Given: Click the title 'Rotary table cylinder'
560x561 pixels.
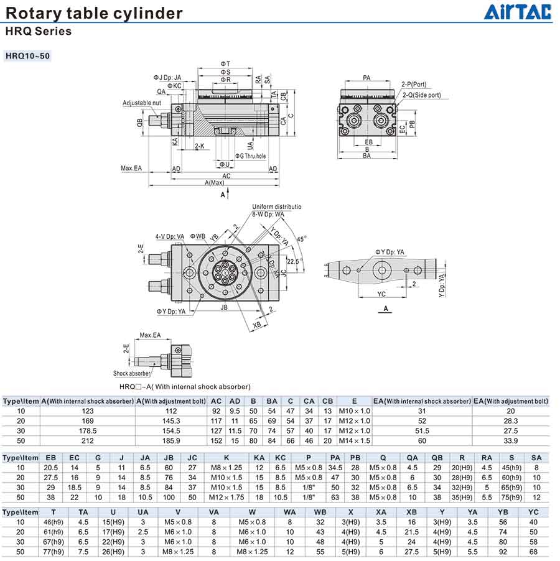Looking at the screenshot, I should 95,13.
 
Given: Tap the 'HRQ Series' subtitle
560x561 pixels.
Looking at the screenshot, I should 39,31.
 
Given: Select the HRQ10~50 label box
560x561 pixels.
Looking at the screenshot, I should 27,56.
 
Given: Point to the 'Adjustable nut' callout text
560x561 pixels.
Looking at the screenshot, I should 142,103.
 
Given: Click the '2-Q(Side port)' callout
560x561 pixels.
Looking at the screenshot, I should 421,95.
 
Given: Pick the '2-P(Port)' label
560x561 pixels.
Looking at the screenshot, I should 414,84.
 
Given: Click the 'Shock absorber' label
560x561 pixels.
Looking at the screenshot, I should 132,373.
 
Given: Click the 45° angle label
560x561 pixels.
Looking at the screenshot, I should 301,238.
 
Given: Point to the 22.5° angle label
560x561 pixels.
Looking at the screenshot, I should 294,261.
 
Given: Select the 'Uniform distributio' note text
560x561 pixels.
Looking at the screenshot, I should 277,206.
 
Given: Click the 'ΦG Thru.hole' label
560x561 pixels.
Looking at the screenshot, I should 250,156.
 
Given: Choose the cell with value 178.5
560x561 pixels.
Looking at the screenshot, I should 88,430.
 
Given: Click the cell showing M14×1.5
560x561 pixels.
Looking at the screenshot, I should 354,440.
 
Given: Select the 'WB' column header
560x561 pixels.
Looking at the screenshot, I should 320,511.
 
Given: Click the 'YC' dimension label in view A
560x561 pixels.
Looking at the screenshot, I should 381,294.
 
